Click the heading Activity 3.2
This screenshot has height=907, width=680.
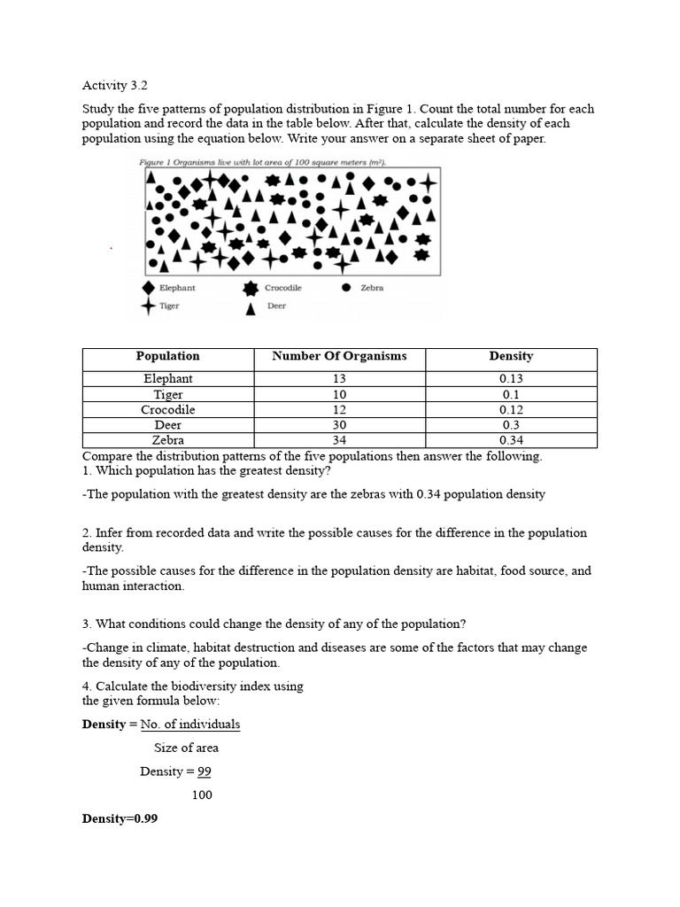tap(114, 86)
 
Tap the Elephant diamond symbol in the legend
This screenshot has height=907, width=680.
tap(149, 288)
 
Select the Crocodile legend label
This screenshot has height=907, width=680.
tap(282, 288)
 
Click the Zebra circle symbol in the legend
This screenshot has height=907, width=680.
tap(346, 288)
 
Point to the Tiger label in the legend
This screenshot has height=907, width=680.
tap(169, 306)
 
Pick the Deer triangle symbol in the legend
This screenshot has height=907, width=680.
tap(251, 307)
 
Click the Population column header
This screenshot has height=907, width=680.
tap(167, 356)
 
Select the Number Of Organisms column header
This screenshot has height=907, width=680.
tap(339, 356)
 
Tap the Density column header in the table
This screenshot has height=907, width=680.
tap(511, 356)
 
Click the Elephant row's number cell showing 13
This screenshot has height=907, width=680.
tap(339, 378)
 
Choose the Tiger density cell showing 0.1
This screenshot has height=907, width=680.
tap(511, 394)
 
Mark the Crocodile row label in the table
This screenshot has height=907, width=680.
tap(167, 410)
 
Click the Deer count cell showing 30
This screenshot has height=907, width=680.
tap(339, 425)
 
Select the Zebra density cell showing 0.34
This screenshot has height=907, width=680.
tap(511, 440)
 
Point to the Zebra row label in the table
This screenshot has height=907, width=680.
tap(167, 440)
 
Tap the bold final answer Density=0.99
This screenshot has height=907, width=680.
tap(120, 818)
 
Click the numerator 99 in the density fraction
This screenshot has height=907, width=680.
tap(204, 771)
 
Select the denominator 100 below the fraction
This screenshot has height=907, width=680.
tap(202, 795)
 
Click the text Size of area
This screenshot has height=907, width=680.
tap(186, 748)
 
